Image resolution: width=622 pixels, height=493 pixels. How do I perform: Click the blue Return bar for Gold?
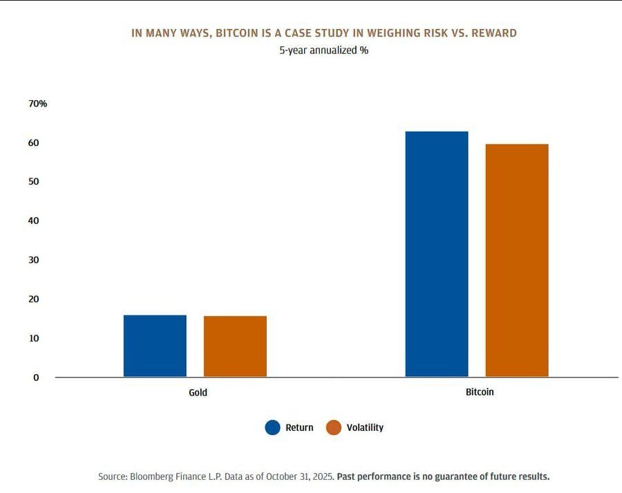(x=155, y=346)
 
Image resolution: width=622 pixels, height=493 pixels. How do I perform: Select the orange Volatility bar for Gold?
(x=235, y=346)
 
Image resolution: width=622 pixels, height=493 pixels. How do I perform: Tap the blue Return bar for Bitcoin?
(x=436, y=254)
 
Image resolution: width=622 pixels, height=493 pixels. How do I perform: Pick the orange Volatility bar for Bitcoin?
(x=516, y=260)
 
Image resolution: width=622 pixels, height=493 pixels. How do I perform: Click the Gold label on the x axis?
(x=198, y=392)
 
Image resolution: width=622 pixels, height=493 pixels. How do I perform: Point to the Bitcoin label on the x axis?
(x=480, y=391)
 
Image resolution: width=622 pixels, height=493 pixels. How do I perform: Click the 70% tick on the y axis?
(x=38, y=104)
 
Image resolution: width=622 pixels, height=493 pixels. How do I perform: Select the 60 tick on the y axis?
(x=33, y=142)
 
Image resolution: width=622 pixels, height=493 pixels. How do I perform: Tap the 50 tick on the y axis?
(x=33, y=181)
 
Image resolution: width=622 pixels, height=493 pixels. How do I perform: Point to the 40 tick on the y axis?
(x=33, y=221)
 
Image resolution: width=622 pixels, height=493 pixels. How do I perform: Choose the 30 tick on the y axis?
(x=33, y=260)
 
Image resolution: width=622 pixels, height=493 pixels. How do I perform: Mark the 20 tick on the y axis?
(x=33, y=299)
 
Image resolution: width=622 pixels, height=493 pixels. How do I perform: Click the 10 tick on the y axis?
(x=33, y=338)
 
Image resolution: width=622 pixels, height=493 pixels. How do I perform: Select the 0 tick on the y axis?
(x=36, y=378)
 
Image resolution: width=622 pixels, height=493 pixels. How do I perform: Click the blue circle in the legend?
(x=273, y=427)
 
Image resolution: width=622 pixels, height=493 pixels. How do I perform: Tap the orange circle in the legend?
(x=334, y=427)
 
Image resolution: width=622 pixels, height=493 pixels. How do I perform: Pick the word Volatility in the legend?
(x=365, y=427)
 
